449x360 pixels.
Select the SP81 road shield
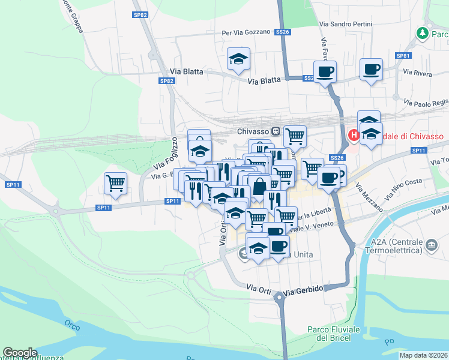coord(403,56)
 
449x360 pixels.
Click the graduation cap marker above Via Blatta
coord(238,59)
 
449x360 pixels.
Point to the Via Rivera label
coord(418,73)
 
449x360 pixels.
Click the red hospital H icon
coord(354,136)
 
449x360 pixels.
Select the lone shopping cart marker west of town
coord(115,184)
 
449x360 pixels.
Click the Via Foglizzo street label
coord(166,152)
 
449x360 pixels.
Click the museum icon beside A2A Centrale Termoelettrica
coord(431,245)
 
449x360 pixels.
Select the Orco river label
coord(73,325)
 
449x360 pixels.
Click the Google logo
coord(20,353)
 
